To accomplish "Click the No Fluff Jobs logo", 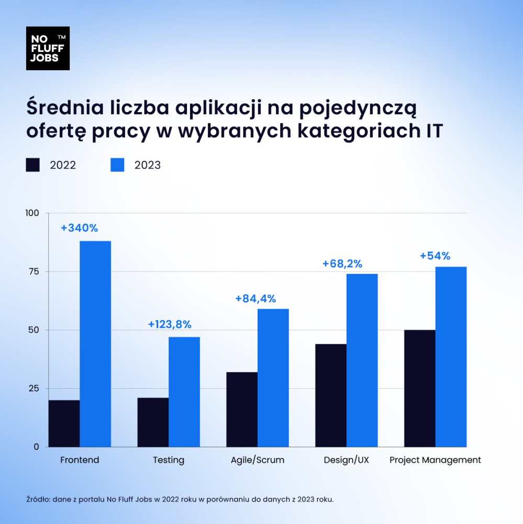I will point(48,48).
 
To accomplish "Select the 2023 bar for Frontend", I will point(95,344).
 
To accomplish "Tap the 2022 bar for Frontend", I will point(64,423).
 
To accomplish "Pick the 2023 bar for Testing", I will point(184,392).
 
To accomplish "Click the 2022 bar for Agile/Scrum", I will point(241,409).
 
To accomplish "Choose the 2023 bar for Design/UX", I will point(362,360).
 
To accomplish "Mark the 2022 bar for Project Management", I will point(419,388).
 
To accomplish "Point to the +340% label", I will point(79,228).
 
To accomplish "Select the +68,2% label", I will point(342,264).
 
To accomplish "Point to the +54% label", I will point(435,256).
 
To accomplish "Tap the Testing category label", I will point(169,460).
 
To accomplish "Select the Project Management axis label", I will point(435,460).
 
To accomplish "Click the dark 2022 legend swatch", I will point(33,165).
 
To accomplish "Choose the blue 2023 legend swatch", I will point(117,165).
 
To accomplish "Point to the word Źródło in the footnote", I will point(37,499).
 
